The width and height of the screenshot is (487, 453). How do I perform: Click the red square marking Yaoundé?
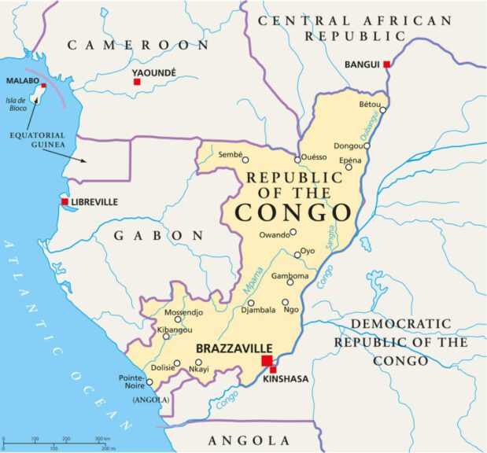point(137,82)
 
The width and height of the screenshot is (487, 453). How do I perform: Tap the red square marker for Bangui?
point(386,64)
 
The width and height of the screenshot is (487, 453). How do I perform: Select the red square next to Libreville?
point(65,202)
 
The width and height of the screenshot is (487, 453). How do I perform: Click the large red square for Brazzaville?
point(266,360)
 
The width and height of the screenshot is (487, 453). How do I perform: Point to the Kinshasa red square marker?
point(273,370)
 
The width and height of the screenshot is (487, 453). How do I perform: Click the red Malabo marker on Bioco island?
point(43,85)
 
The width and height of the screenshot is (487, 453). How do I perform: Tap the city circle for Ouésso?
point(297,160)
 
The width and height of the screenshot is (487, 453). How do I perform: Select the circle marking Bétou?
point(383,111)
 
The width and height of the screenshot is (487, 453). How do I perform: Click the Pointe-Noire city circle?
point(149,383)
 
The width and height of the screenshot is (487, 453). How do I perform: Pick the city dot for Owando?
point(293,232)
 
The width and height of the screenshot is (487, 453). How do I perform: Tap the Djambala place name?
point(259,310)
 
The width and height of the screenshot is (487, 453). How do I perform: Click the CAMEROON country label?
point(138,45)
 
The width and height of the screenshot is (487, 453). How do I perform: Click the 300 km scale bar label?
point(102,438)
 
